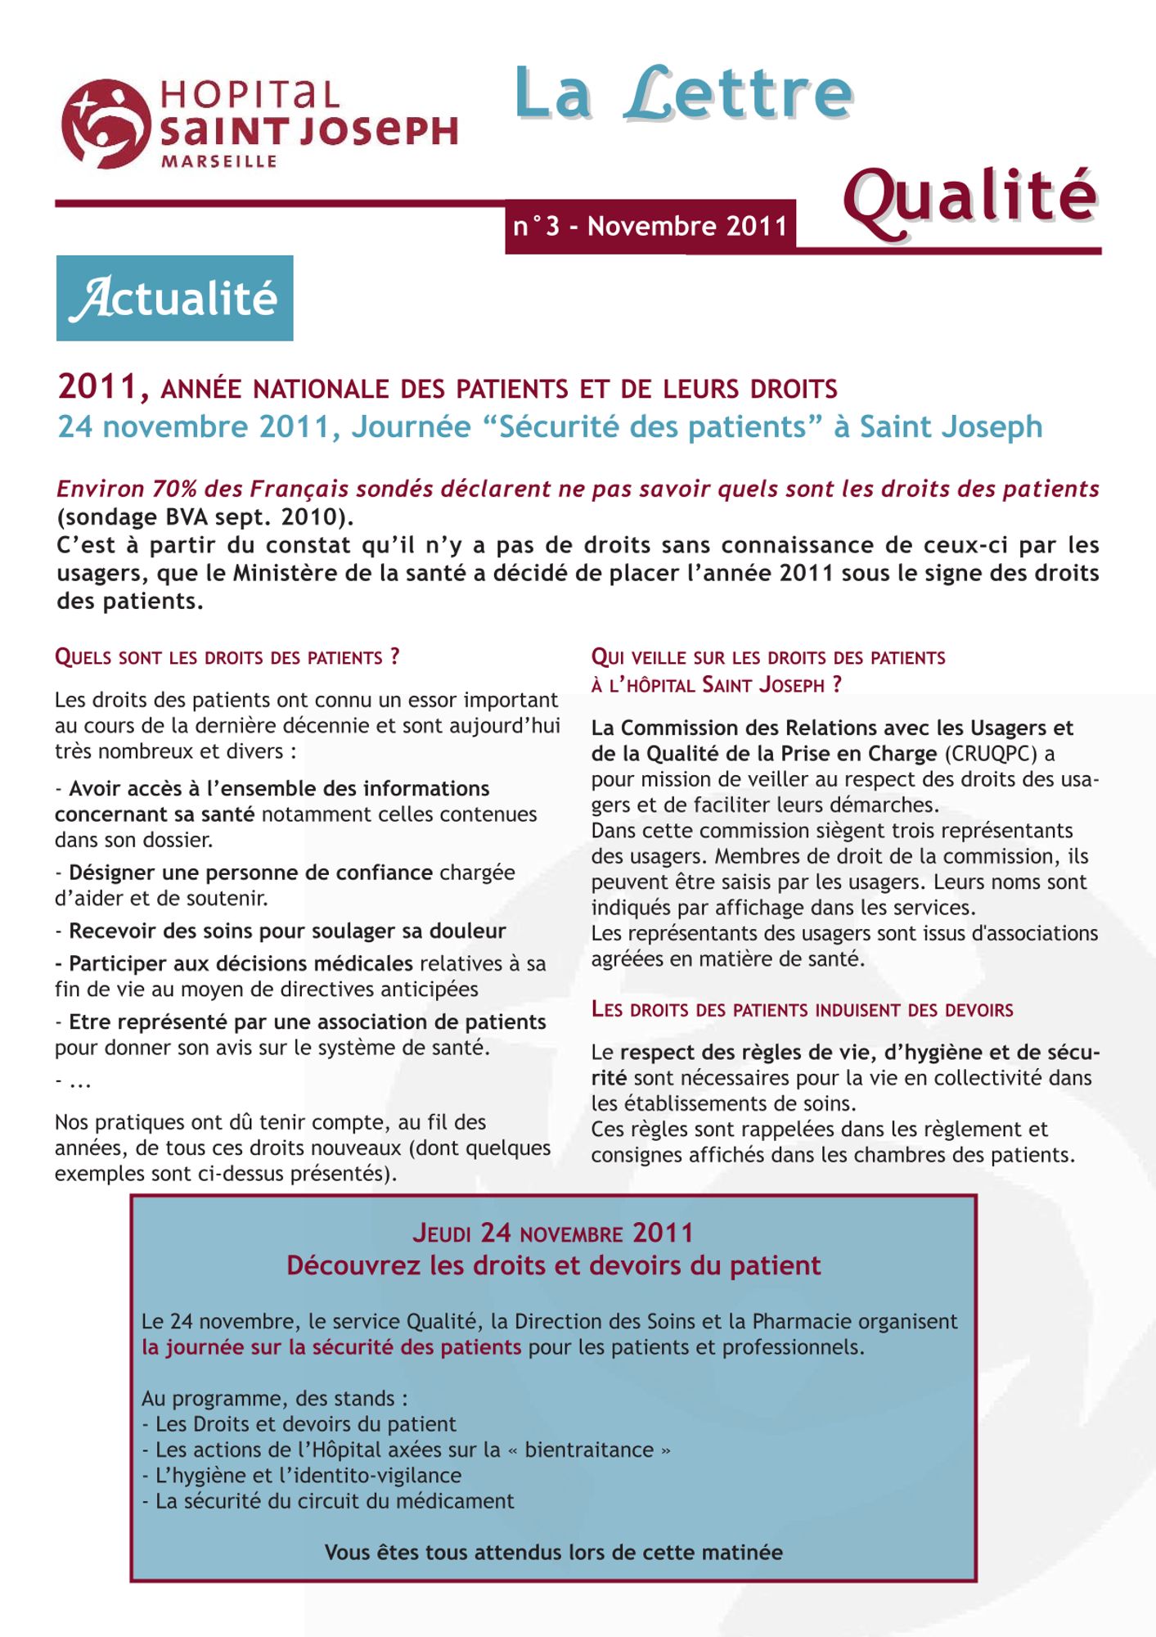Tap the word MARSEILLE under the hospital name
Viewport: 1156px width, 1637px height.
point(218,162)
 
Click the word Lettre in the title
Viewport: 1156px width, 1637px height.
point(739,93)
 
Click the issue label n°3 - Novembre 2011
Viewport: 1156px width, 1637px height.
point(650,226)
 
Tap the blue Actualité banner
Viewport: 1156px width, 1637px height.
point(174,298)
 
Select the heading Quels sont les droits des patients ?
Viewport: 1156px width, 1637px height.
point(227,657)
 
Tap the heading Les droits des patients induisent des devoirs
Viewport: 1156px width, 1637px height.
point(802,1010)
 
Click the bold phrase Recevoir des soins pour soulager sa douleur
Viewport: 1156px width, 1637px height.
point(287,931)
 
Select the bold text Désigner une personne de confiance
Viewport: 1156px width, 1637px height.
point(250,873)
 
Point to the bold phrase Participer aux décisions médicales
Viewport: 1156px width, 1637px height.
point(241,963)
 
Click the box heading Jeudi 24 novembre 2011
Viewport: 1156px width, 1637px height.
point(553,1233)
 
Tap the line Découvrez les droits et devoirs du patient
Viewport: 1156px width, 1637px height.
point(553,1266)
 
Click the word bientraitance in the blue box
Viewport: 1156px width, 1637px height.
point(589,1450)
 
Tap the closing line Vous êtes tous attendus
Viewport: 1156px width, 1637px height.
point(553,1552)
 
